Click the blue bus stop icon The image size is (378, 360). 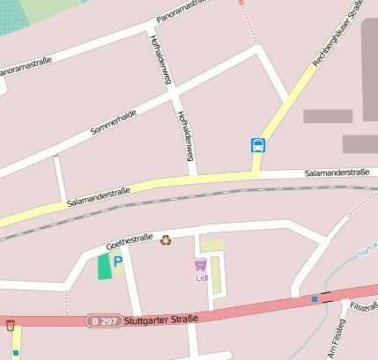[x=258, y=145]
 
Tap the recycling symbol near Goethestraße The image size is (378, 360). [x=166, y=239]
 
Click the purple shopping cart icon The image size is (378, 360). [x=201, y=265]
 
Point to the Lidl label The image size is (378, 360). [x=201, y=277]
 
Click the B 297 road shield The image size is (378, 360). [x=104, y=321]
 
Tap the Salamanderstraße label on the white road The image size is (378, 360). [x=337, y=173]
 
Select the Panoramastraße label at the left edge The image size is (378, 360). [x=25, y=66]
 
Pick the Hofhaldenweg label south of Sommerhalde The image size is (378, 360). [x=185, y=136]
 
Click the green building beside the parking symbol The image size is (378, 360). [x=105, y=266]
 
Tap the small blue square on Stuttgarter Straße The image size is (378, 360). [x=315, y=299]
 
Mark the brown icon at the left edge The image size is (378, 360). [x=11, y=326]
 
